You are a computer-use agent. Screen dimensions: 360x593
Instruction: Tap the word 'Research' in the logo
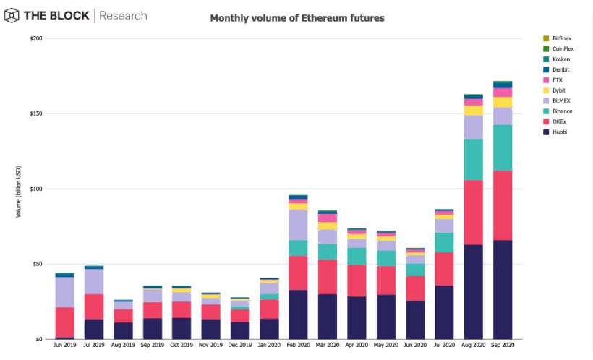click(123, 15)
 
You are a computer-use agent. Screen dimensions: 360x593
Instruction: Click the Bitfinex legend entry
click(561, 38)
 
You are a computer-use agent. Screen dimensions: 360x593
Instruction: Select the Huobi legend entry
click(559, 132)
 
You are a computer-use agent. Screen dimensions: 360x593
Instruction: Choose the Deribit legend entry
click(560, 69)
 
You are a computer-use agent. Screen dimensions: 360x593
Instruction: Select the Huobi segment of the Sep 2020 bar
click(503, 289)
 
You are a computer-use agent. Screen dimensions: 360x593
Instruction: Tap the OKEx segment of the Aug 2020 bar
click(474, 213)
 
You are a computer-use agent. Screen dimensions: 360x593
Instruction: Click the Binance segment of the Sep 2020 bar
click(503, 147)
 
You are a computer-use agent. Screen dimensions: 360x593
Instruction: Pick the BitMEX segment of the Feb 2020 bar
click(298, 225)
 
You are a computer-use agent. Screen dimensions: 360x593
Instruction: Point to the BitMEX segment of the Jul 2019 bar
click(94, 281)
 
